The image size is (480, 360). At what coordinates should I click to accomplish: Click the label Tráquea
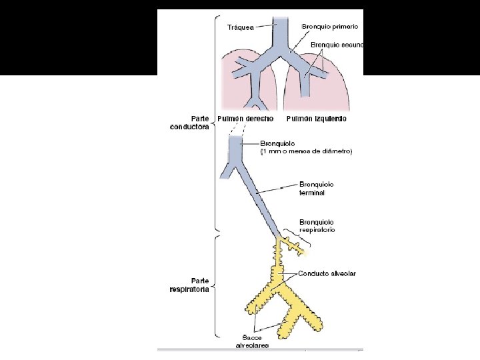coord(239,28)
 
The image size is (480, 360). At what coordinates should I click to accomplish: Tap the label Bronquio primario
coord(329,26)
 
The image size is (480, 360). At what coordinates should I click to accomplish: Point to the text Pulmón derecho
coord(245,119)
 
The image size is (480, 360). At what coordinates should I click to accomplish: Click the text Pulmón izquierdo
coord(316,119)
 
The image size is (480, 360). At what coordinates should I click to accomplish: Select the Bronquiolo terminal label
coord(317,188)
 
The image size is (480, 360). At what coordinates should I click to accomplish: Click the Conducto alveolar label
coord(327,273)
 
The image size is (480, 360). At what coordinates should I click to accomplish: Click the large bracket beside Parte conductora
coord(214,123)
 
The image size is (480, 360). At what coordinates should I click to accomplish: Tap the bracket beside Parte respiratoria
coord(215,287)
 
